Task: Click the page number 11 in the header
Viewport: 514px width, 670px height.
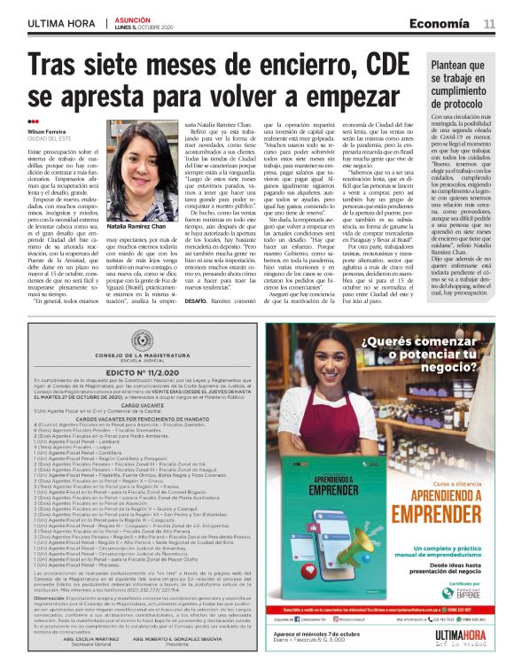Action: point(489,24)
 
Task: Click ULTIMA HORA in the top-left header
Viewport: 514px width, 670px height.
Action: point(59,24)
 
